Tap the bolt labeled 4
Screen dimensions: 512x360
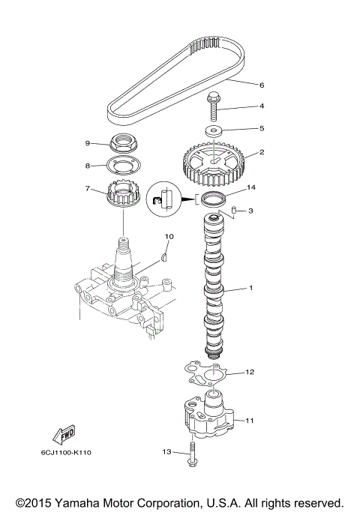[x=214, y=107]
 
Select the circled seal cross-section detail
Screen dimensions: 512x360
[x=166, y=200]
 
